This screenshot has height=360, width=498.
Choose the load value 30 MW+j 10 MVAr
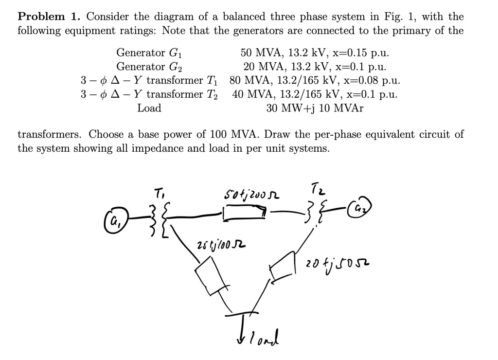pyautogui.click(x=314, y=108)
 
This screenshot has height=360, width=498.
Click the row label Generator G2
pyautogui.click(x=149, y=66)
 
